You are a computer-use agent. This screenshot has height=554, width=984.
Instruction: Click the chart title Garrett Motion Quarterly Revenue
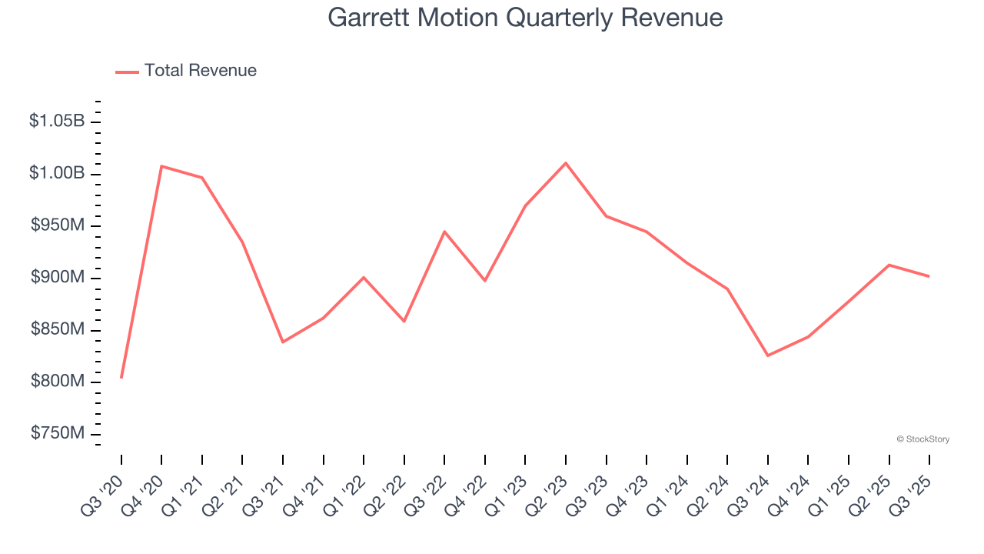click(525, 18)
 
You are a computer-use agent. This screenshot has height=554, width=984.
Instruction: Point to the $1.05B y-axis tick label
click(57, 121)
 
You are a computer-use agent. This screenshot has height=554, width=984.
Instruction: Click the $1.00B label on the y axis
click(57, 173)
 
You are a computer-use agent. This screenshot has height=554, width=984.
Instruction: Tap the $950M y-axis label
click(58, 225)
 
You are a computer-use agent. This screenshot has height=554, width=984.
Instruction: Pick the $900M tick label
click(58, 278)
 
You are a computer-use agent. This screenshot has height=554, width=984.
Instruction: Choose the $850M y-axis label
click(58, 329)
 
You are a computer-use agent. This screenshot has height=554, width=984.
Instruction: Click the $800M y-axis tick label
click(58, 382)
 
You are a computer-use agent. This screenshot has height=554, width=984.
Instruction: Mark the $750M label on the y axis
click(58, 434)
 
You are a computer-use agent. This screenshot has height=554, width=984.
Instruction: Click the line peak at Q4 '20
click(161, 166)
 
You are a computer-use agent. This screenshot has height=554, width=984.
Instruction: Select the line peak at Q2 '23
click(566, 163)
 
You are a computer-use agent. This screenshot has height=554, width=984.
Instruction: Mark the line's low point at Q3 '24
click(768, 355)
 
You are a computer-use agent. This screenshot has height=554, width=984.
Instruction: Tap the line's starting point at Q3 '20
click(121, 377)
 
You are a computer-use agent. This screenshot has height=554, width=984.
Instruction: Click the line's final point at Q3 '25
click(929, 276)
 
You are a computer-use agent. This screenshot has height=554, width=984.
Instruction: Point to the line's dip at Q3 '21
click(283, 342)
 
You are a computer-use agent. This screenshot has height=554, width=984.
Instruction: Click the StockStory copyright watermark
click(922, 439)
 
